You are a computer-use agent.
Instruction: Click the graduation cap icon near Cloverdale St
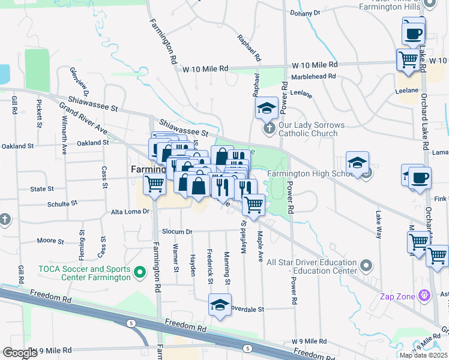220,305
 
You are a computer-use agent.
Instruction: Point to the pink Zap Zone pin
425,295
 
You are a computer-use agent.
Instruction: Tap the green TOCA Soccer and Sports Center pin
140,273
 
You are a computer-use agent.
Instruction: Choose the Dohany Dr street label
306,12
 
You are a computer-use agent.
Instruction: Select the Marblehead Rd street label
312,77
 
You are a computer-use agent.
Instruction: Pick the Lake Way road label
379,224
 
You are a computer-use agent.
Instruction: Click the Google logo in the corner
20,352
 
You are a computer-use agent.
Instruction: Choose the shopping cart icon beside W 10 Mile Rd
408,61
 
